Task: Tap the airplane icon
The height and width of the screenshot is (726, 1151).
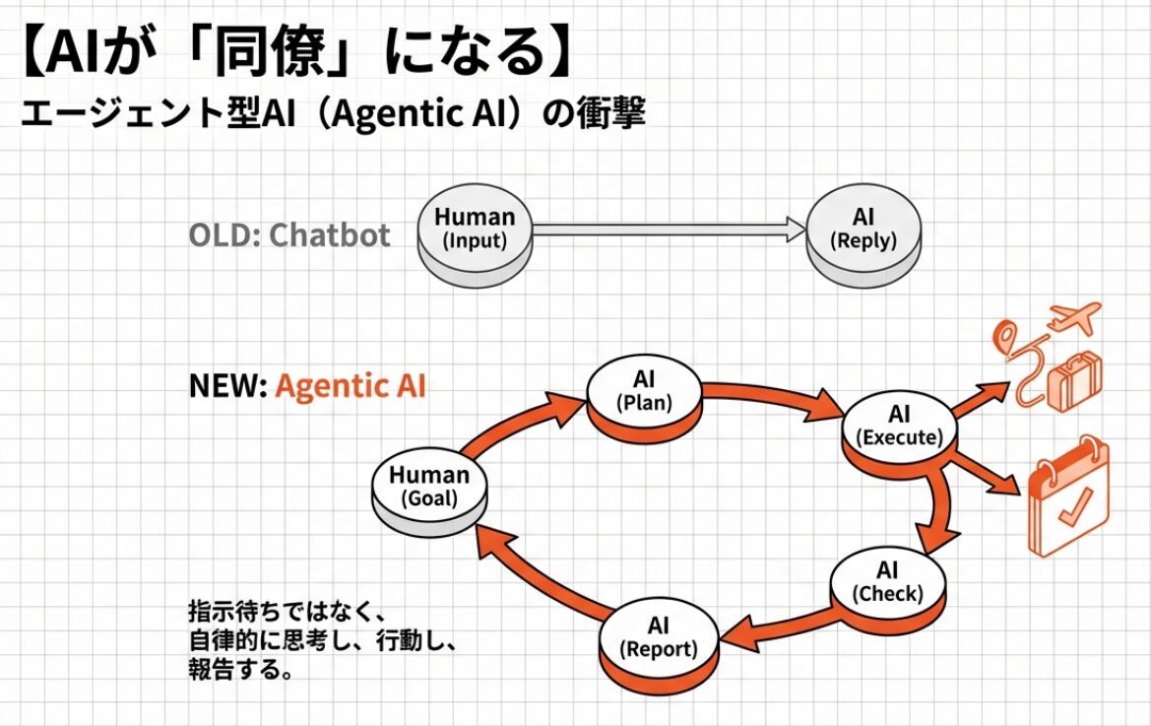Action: click(x=1073, y=317)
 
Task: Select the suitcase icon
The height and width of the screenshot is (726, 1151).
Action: click(x=1076, y=384)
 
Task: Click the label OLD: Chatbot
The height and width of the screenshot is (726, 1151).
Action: click(x=288, y=235)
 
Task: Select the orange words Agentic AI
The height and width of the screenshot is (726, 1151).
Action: click(x=351, y=385)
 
